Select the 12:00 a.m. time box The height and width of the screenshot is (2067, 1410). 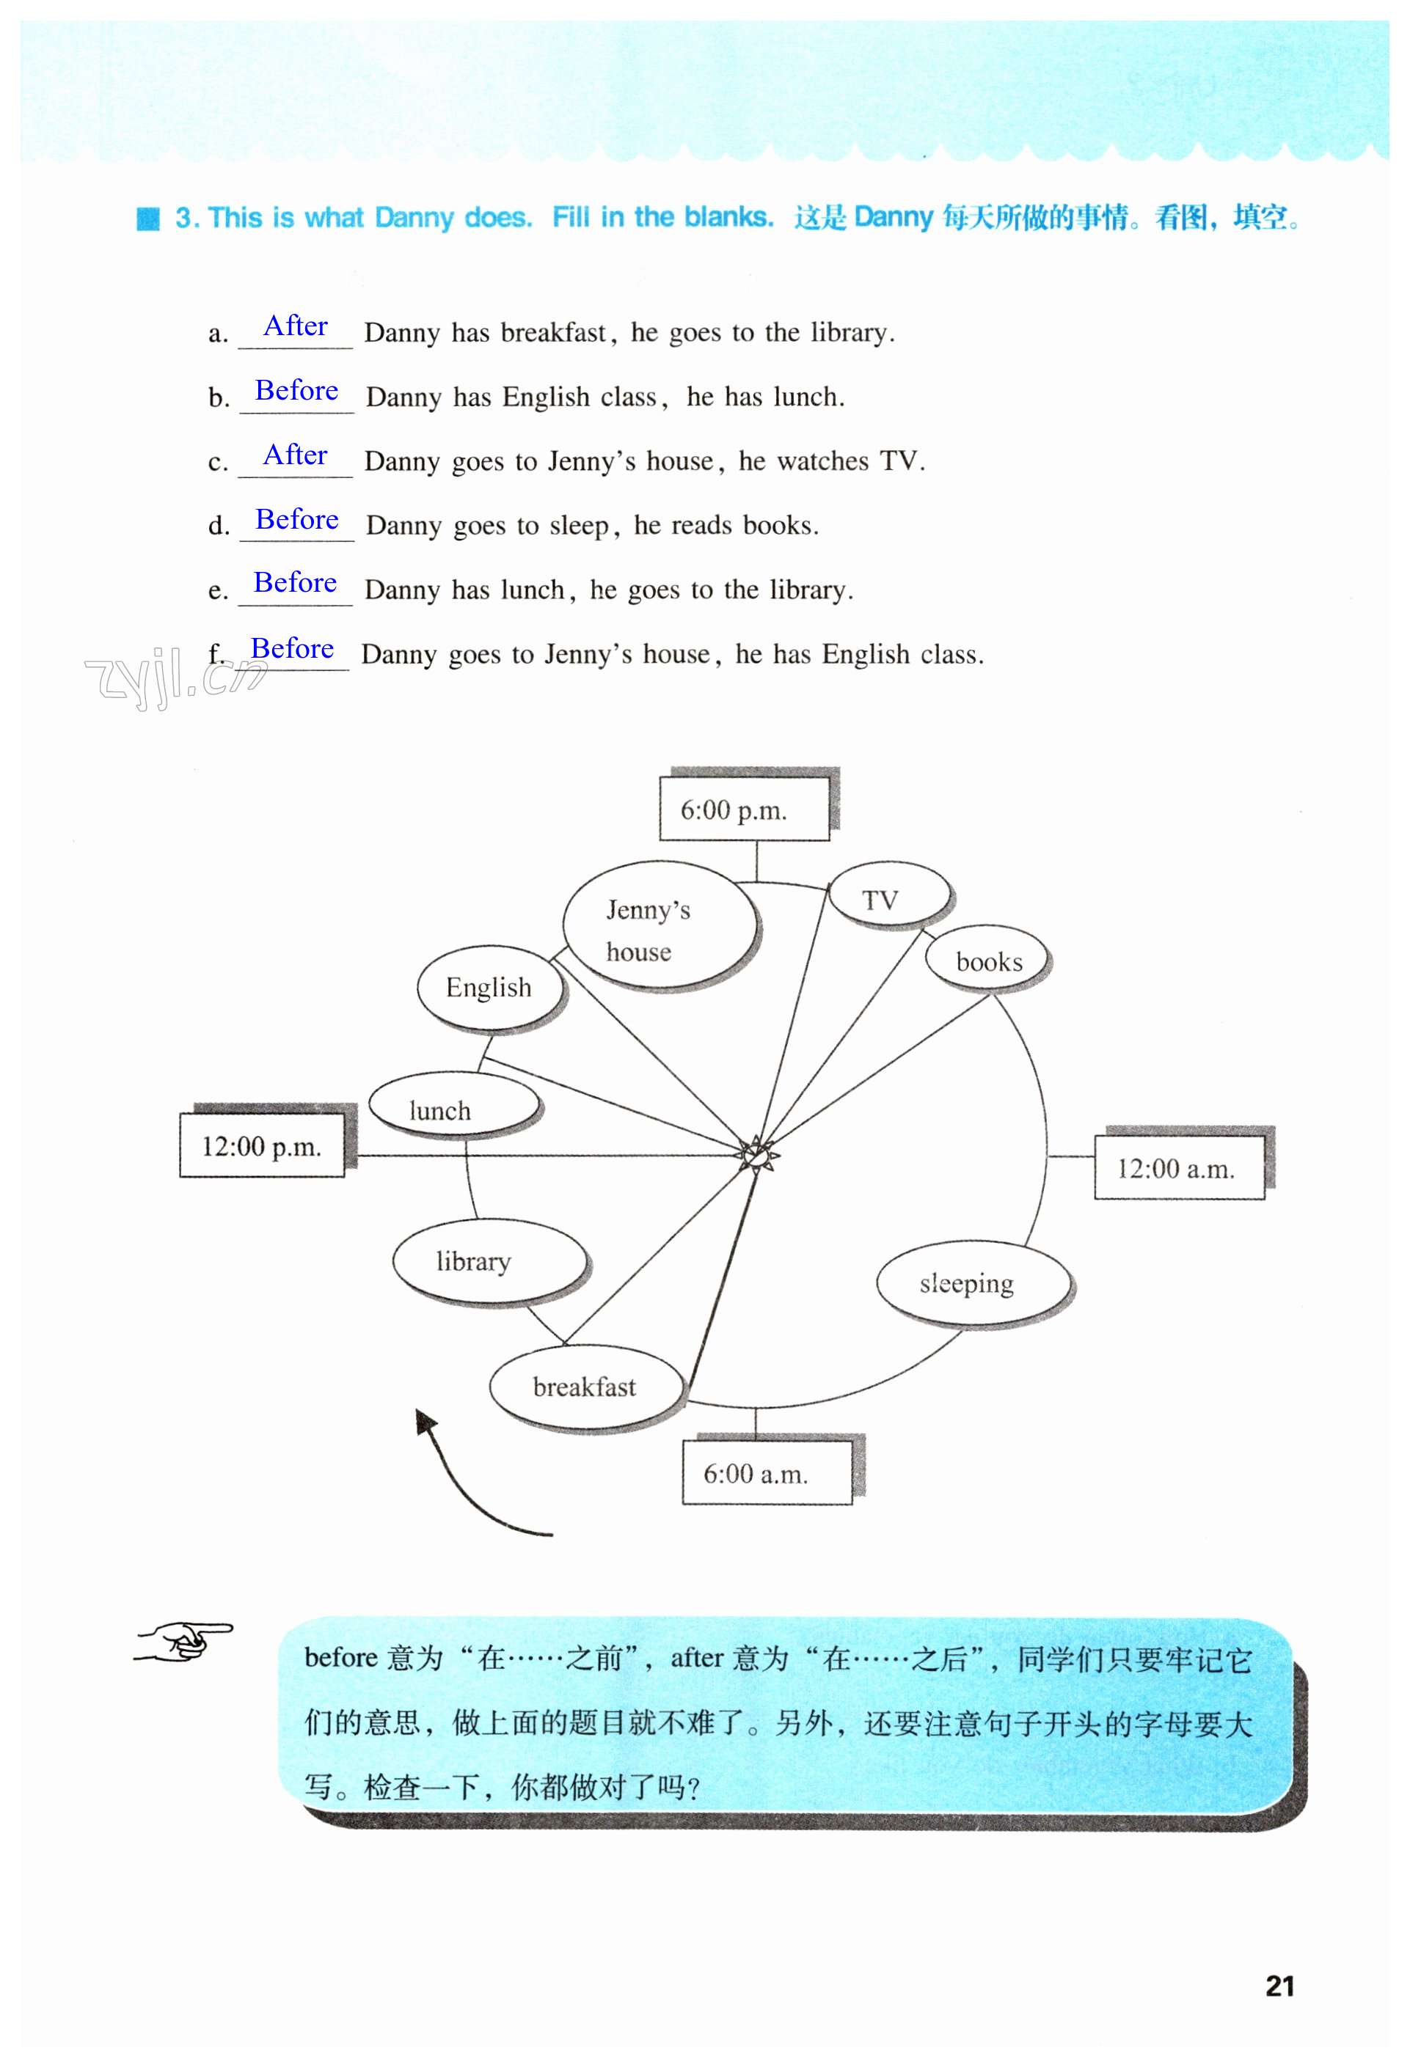[x=1178, y=1168]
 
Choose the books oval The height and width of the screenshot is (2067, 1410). [x=987, y=961]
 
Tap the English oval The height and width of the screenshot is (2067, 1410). [x=489, y=987]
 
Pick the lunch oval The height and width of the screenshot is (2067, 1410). [x=453, y=1106]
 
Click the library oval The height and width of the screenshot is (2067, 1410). [x=489, y=1262]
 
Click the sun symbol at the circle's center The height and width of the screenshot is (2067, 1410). [x=756, y=1156]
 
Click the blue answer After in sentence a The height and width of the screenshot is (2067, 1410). [x=296, y=326]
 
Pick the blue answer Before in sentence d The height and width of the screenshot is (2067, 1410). [x=296, y=519]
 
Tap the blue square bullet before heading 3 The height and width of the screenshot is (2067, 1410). [x=147, y=219]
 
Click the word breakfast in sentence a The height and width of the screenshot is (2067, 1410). [x=553, y=333]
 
